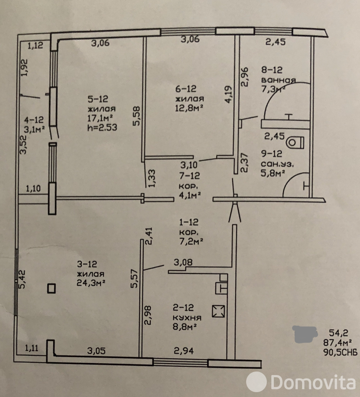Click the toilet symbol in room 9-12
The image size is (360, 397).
click(x=295, y=143)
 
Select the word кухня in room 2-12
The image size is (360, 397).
click(x=187, y=318)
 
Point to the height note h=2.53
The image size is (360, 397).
click(x=102, y=127)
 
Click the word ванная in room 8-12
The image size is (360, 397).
click(x=278, y=80)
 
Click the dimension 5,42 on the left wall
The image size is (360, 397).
click(x=22, y=279)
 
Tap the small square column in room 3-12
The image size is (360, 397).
click(x=51, y=289)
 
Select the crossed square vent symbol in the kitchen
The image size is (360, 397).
click(x=218, y=311)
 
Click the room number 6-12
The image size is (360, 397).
click(x=185, y=89)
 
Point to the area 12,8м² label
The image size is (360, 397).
click(x=189, y=108)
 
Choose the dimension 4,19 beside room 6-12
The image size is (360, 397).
click(x=228, y=94)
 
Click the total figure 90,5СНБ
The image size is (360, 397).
click(x=340, y=352)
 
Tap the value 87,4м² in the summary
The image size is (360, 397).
click(x=337, y=343)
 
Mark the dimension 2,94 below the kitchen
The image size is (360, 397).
click(x=184, y=350)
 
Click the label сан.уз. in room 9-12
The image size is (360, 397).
click(x=277, y=164)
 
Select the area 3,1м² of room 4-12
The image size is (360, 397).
click(x=34, y=130)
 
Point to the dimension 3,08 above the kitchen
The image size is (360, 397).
click(x=183, y=262)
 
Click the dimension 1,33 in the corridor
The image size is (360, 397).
click(x=152, y=178)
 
